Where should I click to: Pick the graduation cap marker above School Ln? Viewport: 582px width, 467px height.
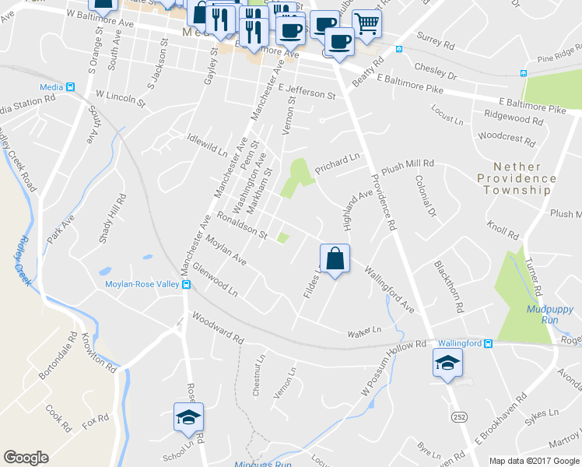point(188,418)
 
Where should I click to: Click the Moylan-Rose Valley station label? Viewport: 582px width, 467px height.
point(142,284)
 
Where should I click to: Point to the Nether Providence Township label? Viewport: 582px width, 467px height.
point(517,178)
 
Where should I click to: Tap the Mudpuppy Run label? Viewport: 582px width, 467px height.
point(550,314)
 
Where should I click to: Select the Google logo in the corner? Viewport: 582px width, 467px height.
point(26,458)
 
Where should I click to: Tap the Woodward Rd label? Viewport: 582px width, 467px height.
point(218,329)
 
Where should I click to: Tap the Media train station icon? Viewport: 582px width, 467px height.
point(69,87)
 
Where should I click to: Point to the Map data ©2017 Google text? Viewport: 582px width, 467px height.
point(533,460)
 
